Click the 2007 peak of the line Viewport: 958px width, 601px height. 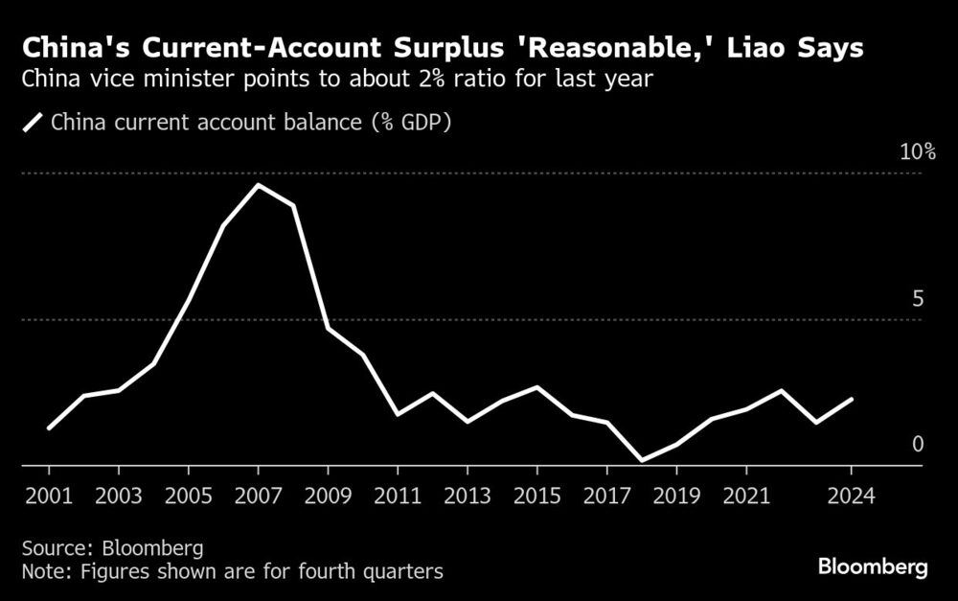pyautogui.click(x=258, y=185)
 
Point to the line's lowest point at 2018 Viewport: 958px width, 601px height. pyautogui.click(x=642, y=461)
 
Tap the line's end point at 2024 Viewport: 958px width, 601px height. pyautogui.click(x=852, y=399)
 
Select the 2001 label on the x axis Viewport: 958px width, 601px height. pyautogui.click(x=48, y=499)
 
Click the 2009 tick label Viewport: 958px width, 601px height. pyautogui.click(x=328, y=499)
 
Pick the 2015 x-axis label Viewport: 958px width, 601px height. pyautogui.click(x=537, y=499)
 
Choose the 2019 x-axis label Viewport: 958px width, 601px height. pyautogui.click(x=677, y=499)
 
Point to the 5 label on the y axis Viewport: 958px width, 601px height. pyautogui.click(x=917, y=299)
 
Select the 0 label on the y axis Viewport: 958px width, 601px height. pyautogui.click(x=917, y=444)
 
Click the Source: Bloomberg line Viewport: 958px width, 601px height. pyautogui.click(x=113, y=548)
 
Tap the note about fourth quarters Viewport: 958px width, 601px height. pyautogui.click(x=233, y=572)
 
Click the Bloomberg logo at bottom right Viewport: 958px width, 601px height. pyautogui.click(x=873, y=567)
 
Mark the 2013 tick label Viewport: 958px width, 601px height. pyautogui.click(x=468, y=499)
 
